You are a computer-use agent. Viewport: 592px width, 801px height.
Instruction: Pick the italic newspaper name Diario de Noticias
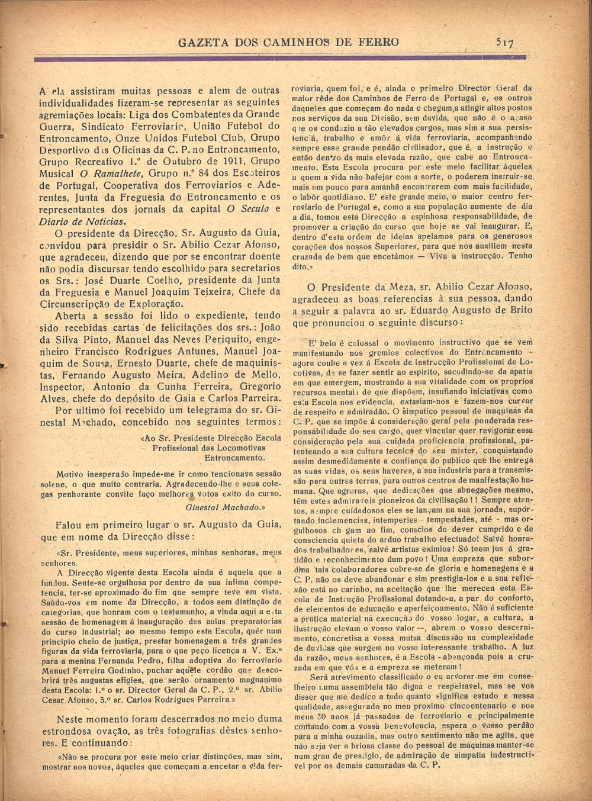click(x=82, y=221)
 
